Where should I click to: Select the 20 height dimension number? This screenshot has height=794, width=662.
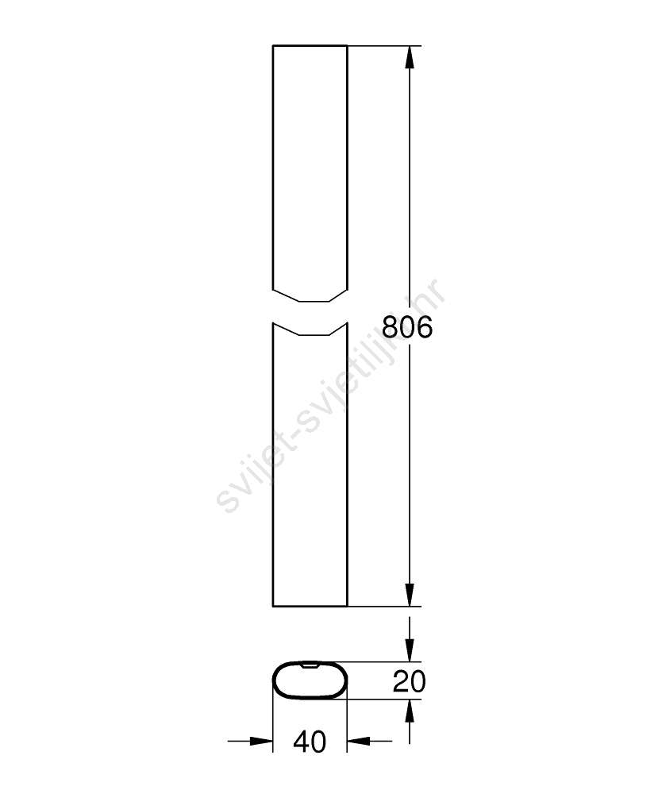coord(409,681)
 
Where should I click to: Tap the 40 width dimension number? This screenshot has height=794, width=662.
coord(310,742)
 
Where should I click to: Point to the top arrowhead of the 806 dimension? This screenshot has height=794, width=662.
coord(410,57)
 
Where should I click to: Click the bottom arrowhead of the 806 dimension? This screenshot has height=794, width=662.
coord(410,595)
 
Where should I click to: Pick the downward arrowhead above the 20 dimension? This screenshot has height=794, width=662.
coord(410,650)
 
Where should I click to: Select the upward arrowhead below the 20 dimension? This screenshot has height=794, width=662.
coord(410,711)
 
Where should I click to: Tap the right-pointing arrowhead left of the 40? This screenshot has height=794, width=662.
coord(261,741)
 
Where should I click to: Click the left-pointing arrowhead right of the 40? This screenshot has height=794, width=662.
coord(358,741)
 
